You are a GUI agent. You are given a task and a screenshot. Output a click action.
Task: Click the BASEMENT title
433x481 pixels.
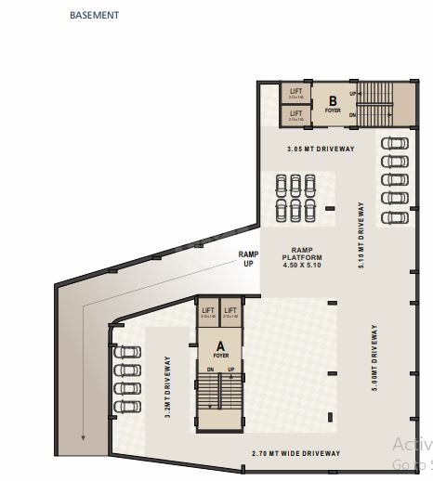coord(94,16)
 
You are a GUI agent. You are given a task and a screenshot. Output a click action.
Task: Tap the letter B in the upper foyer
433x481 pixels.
coord(332,100)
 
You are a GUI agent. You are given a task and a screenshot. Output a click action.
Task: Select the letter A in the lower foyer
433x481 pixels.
coord(220,344)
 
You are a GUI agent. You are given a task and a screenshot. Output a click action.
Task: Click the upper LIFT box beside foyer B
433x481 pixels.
coord(296,93)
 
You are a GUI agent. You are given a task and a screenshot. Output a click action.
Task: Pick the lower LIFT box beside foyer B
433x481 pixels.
coord(296,115)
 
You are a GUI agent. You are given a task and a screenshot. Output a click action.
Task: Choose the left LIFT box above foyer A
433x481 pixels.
coord(207,313)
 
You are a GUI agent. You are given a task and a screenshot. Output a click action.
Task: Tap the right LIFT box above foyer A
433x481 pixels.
coord(230,313)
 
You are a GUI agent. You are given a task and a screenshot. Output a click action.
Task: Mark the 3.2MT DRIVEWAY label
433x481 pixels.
coord(168,388)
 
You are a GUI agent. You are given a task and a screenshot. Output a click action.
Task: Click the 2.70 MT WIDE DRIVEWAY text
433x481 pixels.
coord(296,453)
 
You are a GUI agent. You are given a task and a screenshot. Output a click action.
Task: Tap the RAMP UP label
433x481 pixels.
coord(248,257)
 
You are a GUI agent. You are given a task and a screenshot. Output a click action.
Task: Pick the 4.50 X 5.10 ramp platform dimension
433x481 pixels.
coord(303,265)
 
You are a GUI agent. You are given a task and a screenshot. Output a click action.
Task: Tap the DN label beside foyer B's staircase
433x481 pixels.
coord(353,113)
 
